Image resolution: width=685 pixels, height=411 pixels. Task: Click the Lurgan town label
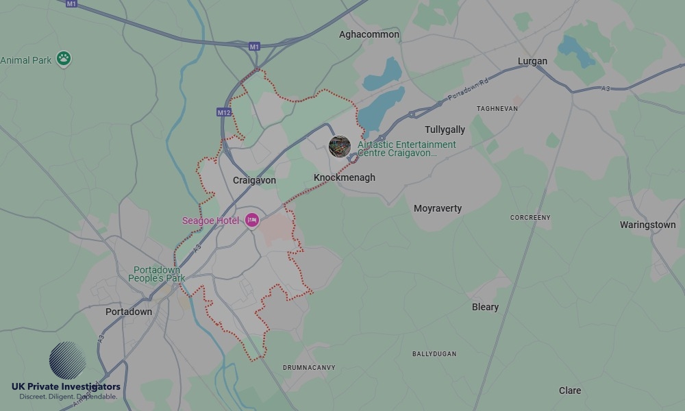[532, 61]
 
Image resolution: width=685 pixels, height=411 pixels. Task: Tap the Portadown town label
[129, 312]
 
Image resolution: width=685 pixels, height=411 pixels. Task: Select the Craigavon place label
[254, 180]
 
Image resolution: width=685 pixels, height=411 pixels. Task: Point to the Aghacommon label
[370, 34]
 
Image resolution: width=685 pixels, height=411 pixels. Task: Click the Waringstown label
[647, 225]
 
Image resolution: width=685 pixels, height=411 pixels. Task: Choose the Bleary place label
[485, 307]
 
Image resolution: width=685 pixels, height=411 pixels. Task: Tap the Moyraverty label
[438, 208]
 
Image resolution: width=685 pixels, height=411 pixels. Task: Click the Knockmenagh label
[345, 177]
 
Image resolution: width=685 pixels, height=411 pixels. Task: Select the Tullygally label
[445, 129]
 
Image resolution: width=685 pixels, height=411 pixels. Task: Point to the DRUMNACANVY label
[309, 368]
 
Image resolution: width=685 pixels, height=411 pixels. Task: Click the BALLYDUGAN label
[434, 354]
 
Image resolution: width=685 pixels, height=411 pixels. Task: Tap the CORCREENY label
[530, 218]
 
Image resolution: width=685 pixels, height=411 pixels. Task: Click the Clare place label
[569, 390]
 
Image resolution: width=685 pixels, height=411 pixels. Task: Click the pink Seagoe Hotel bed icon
[253, 220]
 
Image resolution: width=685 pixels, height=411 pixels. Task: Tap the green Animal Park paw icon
[64, 59]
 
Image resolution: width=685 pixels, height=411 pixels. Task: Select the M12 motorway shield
[224, 112]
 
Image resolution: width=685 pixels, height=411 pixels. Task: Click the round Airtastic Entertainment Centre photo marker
[340, 146]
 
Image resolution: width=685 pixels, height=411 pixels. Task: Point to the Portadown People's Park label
[157, 274]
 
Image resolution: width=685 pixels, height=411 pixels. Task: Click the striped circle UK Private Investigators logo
[67, 360]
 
